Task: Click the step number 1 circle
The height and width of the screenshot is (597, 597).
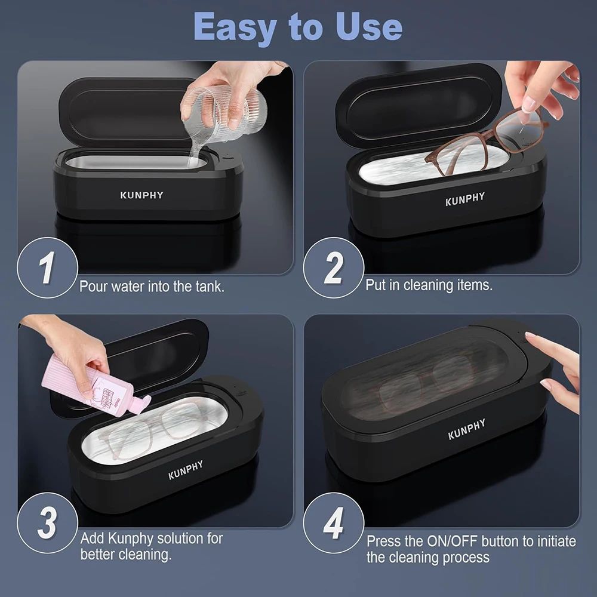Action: coord(47,267)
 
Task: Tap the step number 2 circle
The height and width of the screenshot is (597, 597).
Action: coord(333,267)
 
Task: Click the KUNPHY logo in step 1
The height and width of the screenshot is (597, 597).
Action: coord(141,195)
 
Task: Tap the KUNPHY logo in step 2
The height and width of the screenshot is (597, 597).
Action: coord(465,199)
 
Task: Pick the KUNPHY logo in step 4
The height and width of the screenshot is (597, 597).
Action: coord(467,429)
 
